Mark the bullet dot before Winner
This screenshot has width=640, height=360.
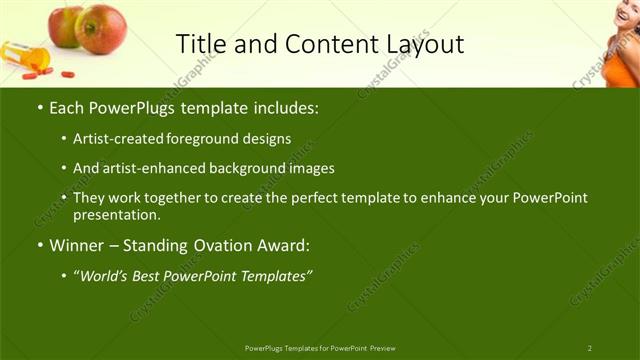[x=39, y=246]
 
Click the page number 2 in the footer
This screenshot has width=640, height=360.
[x=589, y=347]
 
